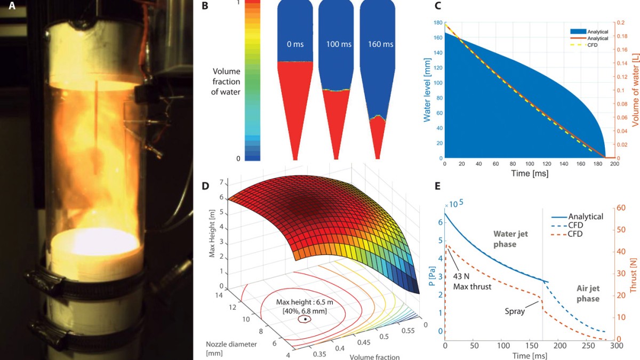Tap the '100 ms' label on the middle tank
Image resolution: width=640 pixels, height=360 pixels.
point(338,44)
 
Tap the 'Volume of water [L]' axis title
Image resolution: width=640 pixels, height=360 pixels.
point(634,91)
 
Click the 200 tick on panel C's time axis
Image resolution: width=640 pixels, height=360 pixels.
point(614,165)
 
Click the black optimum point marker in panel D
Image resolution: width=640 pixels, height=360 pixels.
point(305,319)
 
